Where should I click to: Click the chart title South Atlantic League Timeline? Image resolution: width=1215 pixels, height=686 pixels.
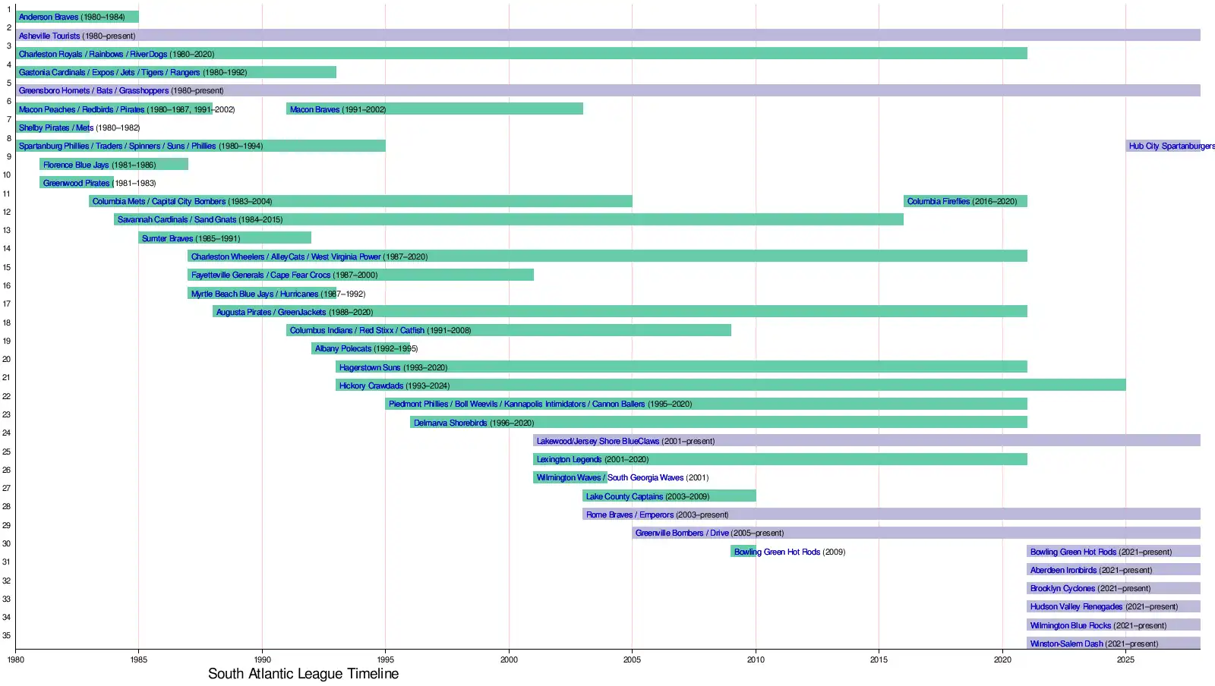click(303, 674)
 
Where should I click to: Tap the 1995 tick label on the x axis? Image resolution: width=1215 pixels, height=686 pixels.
click(385, 659)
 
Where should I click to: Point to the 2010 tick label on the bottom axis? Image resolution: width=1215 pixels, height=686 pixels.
click(756, 659)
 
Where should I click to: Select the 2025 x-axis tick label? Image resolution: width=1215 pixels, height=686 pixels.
click(1125, 659)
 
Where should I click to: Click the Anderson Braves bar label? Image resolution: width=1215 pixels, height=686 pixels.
click(49, 17)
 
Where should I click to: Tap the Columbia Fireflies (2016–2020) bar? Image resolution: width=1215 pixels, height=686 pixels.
click(965, 201)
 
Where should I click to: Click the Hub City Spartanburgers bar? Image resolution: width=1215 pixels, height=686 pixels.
click(1163, 146)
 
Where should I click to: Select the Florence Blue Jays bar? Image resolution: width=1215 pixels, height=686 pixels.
click(114, 165)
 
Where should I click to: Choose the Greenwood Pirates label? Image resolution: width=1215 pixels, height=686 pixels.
click(76, 183)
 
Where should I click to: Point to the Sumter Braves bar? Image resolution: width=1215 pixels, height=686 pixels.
click(225, 238)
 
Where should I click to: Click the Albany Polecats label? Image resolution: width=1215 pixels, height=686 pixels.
click(343, 349)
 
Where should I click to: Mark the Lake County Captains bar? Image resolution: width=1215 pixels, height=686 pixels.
click(669, 496)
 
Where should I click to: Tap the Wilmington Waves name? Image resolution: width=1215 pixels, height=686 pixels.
click(569, 478)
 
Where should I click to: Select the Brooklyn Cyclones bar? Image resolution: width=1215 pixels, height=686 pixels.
click(1113, 588)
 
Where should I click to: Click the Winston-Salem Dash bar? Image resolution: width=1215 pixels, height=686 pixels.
click(1113, 644)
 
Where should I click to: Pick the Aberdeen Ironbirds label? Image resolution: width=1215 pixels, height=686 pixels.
click(1063, 570)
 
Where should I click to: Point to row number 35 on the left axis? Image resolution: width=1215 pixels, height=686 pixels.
click(7, 636)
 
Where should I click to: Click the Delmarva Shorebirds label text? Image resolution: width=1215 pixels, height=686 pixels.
click(450, 423)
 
